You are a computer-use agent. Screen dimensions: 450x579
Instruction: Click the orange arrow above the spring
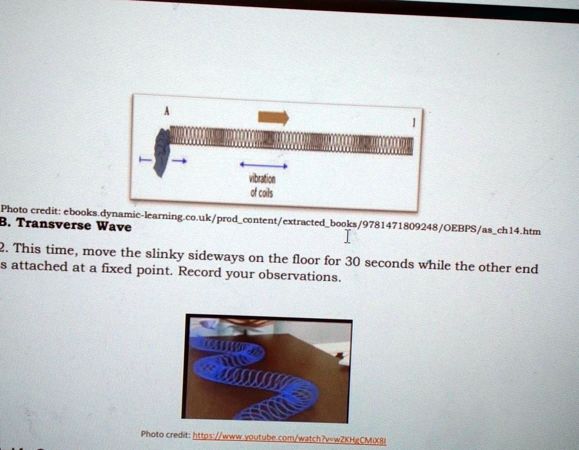tap(273, 117)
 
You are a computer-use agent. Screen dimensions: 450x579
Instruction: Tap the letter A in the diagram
tap(166, 112)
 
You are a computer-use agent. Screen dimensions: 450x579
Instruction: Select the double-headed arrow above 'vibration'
tap(263, 165)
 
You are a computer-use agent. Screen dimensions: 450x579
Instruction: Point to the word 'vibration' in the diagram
tap(262, 179)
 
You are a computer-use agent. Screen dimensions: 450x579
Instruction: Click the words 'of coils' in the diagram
tap(262, 192)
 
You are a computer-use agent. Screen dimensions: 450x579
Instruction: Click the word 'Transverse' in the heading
tap(54, 225)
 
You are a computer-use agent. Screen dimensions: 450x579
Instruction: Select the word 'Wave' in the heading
tap(114, 227)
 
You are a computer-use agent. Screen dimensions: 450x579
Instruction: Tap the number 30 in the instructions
tap(352, 262)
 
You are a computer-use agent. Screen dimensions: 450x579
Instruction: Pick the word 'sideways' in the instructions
tap(217, 256)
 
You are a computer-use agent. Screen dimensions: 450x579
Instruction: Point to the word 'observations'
tap(299, 276)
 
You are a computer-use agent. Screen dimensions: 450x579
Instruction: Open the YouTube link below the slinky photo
tap(289, 438)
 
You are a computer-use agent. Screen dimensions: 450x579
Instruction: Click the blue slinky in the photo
tap(249, 374)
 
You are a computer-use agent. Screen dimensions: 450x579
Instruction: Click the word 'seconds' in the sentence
tap(390, 263)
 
